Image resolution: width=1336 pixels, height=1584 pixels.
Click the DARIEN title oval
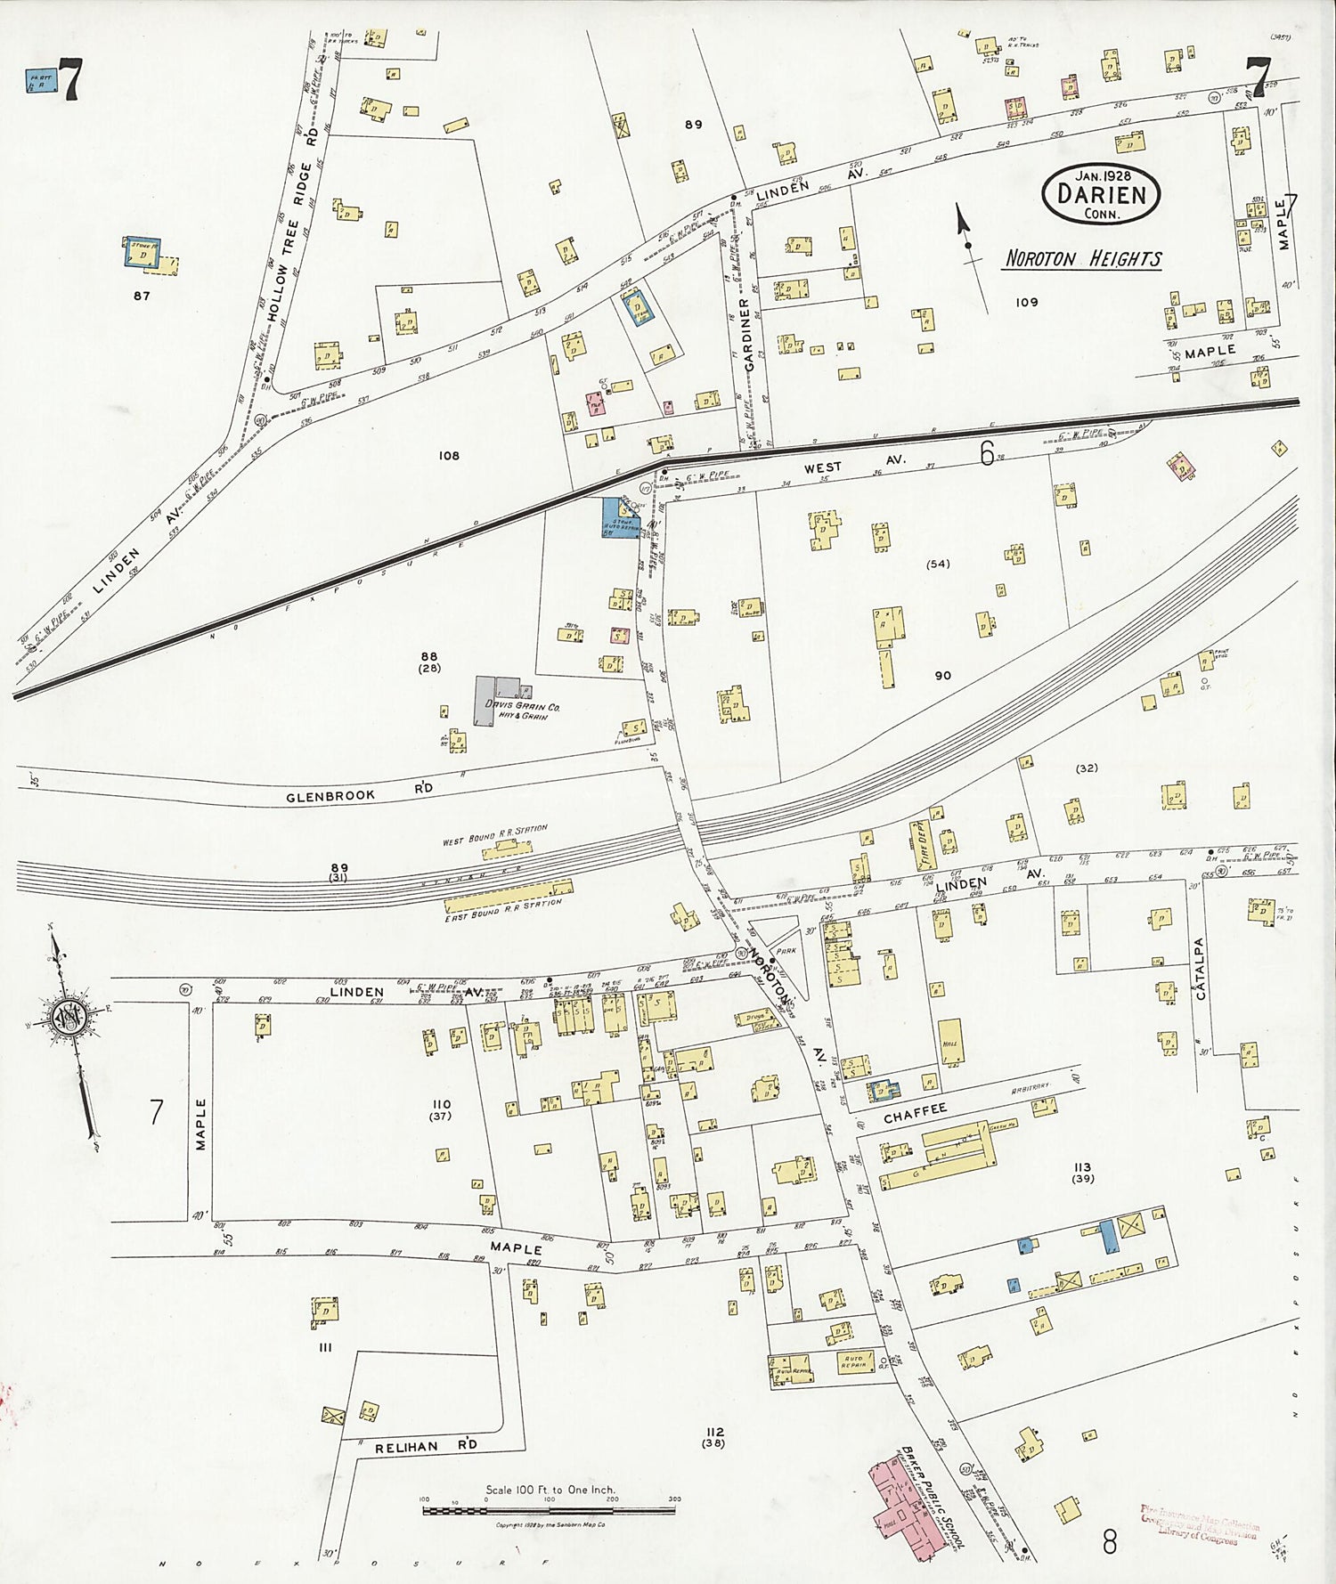click(x=1102, y=194)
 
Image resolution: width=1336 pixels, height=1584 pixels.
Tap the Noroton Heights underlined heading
click(x=1083, y=259)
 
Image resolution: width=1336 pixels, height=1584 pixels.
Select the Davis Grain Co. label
click(x=522, y=708)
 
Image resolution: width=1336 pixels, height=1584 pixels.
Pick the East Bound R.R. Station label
click(x=503, y=906)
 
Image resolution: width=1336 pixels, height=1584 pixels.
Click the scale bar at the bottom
click(x=548, y=1510)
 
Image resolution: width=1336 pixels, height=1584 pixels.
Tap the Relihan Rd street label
click(x=419, y=1446)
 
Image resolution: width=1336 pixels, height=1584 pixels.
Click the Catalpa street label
click(x=1201, y=968)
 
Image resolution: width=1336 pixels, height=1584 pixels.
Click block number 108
click(x=449, y=456)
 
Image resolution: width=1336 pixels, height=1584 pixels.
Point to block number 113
click(x=1082, y=1166)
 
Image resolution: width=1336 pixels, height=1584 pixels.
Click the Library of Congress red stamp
click(x=1198, y=1524)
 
